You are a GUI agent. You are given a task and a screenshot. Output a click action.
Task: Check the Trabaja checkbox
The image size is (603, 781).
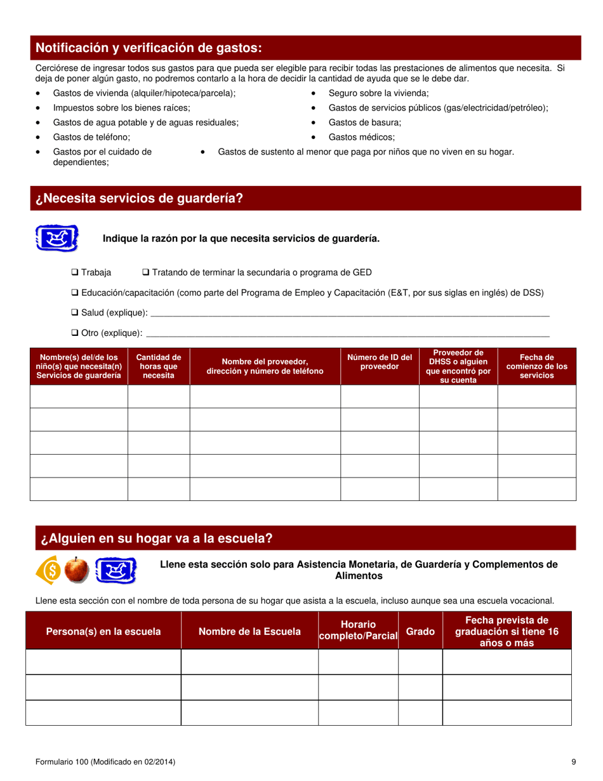pyautogui.click(x=75, y=272)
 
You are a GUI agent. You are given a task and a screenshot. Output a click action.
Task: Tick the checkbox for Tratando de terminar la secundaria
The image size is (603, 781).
pyautogui.click(x=146, y=272)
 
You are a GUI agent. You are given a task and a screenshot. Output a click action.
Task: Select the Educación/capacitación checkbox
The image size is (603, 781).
pyautogui.click(x=75, y=293)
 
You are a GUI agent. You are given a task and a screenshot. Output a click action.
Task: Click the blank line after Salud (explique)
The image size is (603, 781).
pyautogui.click(x=349, y=314)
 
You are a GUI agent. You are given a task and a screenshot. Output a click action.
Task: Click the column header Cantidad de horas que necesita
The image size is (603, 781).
pyautogui.click(x=159, y=366)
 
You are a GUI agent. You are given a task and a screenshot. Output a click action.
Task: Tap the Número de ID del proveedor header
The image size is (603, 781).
pyautogui.click(x=380, y=362)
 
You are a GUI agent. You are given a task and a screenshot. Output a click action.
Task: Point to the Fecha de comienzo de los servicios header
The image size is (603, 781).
pyautogui.click(x=536, y=366)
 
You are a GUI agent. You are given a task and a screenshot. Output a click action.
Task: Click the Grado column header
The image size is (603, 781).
pyautogui.click(x=420, y=631)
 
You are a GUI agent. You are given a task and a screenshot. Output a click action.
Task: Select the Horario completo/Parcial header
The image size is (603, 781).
pyautogui.click(x=358, y=631)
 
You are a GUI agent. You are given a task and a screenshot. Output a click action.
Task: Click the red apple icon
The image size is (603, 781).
pyautogui.click(x=78, y=570)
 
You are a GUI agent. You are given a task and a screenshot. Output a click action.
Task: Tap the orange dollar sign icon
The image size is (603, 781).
pyautogui.click(x=50, y=570)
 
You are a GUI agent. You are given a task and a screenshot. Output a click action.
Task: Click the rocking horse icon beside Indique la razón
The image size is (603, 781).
pyautogui.click(x=56, y=238)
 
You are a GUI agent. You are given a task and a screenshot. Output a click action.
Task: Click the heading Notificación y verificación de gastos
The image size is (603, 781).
pyautogui.click(x=149, y=48)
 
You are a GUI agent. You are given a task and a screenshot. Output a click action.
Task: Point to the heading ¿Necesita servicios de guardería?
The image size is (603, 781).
pyautogui.click(x=140, y=198)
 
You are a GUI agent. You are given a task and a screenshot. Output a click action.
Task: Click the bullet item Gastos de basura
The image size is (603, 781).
pyautogui.click(x=364, y=123)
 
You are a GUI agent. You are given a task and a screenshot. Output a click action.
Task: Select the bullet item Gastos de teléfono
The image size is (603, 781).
pyautogui.click(x=91, y=137)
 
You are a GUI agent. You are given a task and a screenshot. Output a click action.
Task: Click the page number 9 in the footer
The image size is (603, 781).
pyautogui.click(x=573, y=761)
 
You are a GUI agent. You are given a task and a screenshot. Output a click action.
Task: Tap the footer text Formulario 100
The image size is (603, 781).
pyautogui.click(x=105, y=761)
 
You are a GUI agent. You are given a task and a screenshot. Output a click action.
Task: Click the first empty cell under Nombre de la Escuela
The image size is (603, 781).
pyautogui.click(x=249, y=662)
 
